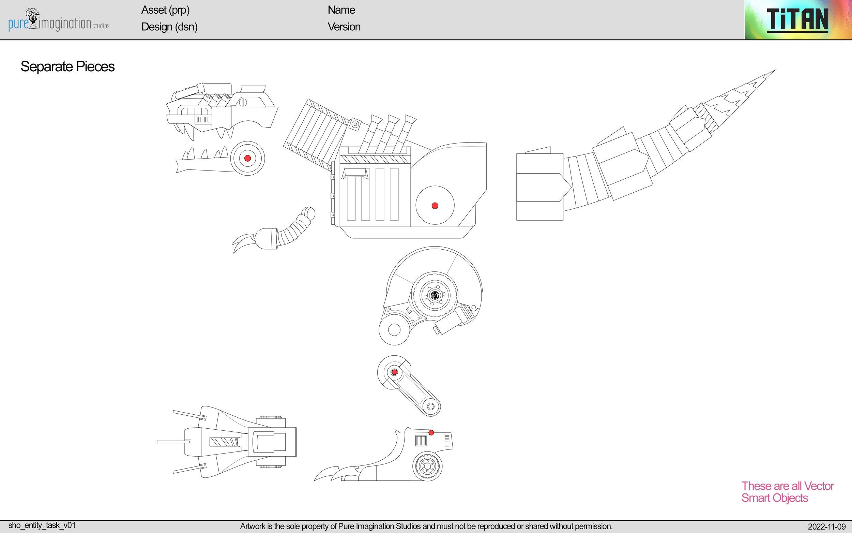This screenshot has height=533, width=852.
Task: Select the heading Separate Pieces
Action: coord(67,66)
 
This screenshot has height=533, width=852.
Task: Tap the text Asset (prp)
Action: coord(165,10)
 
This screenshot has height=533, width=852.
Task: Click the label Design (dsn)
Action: coord(169,27)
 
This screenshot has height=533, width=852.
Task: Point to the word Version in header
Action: coord(344,27)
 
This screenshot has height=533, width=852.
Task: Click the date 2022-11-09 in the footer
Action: coord(826,527)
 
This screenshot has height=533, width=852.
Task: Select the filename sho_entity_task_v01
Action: coord(42,525)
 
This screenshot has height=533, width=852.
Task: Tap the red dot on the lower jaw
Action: coord(248,158)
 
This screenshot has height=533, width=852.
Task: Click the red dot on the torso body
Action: coord(435,206)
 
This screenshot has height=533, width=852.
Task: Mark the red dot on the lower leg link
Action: coord(395,372)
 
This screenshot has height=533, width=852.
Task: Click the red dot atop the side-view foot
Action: coord(431,432)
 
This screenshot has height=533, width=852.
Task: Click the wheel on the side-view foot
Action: coord(427,466)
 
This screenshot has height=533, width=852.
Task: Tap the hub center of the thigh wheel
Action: coord(435,295)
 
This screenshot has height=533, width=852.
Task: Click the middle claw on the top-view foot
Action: coord(174,442)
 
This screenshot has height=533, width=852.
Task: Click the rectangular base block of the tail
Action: coord(539,187)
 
